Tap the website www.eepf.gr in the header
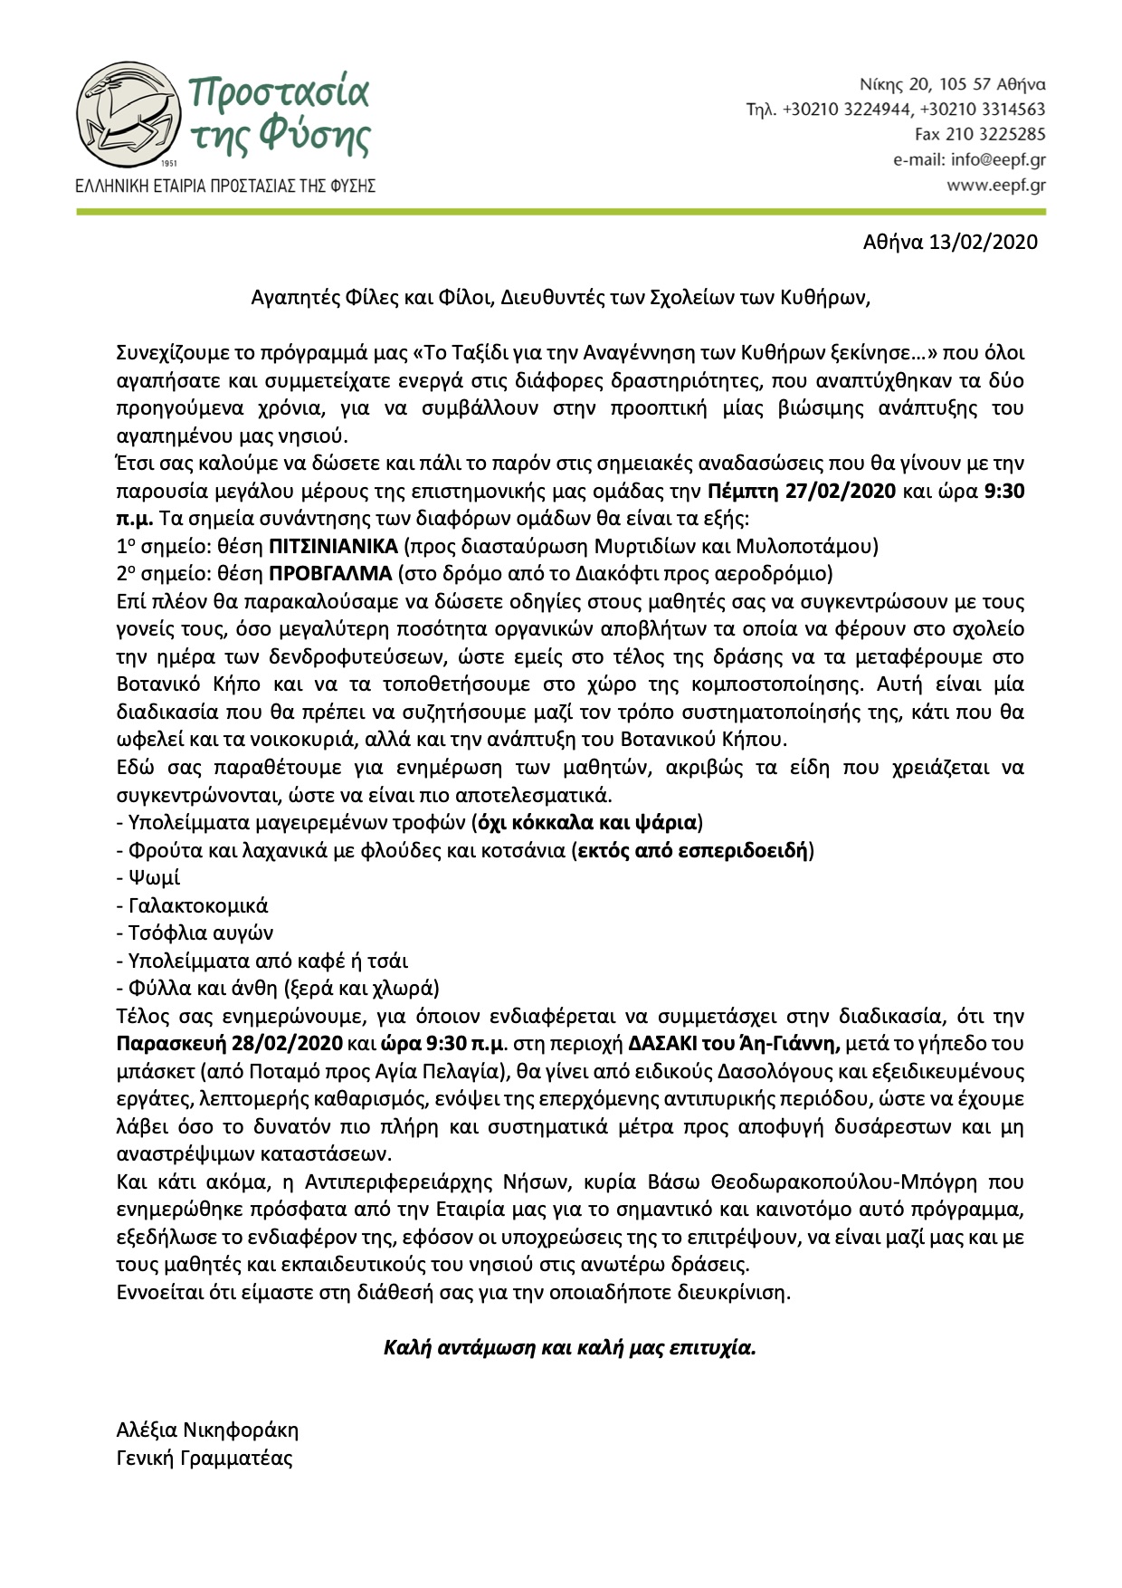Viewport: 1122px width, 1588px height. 995,185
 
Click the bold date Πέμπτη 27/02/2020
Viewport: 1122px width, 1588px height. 801,493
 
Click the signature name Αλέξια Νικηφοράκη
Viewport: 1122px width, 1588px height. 207,1430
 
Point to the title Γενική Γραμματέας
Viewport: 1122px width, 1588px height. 204,1459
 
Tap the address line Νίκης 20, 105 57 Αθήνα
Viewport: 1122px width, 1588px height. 952,85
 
